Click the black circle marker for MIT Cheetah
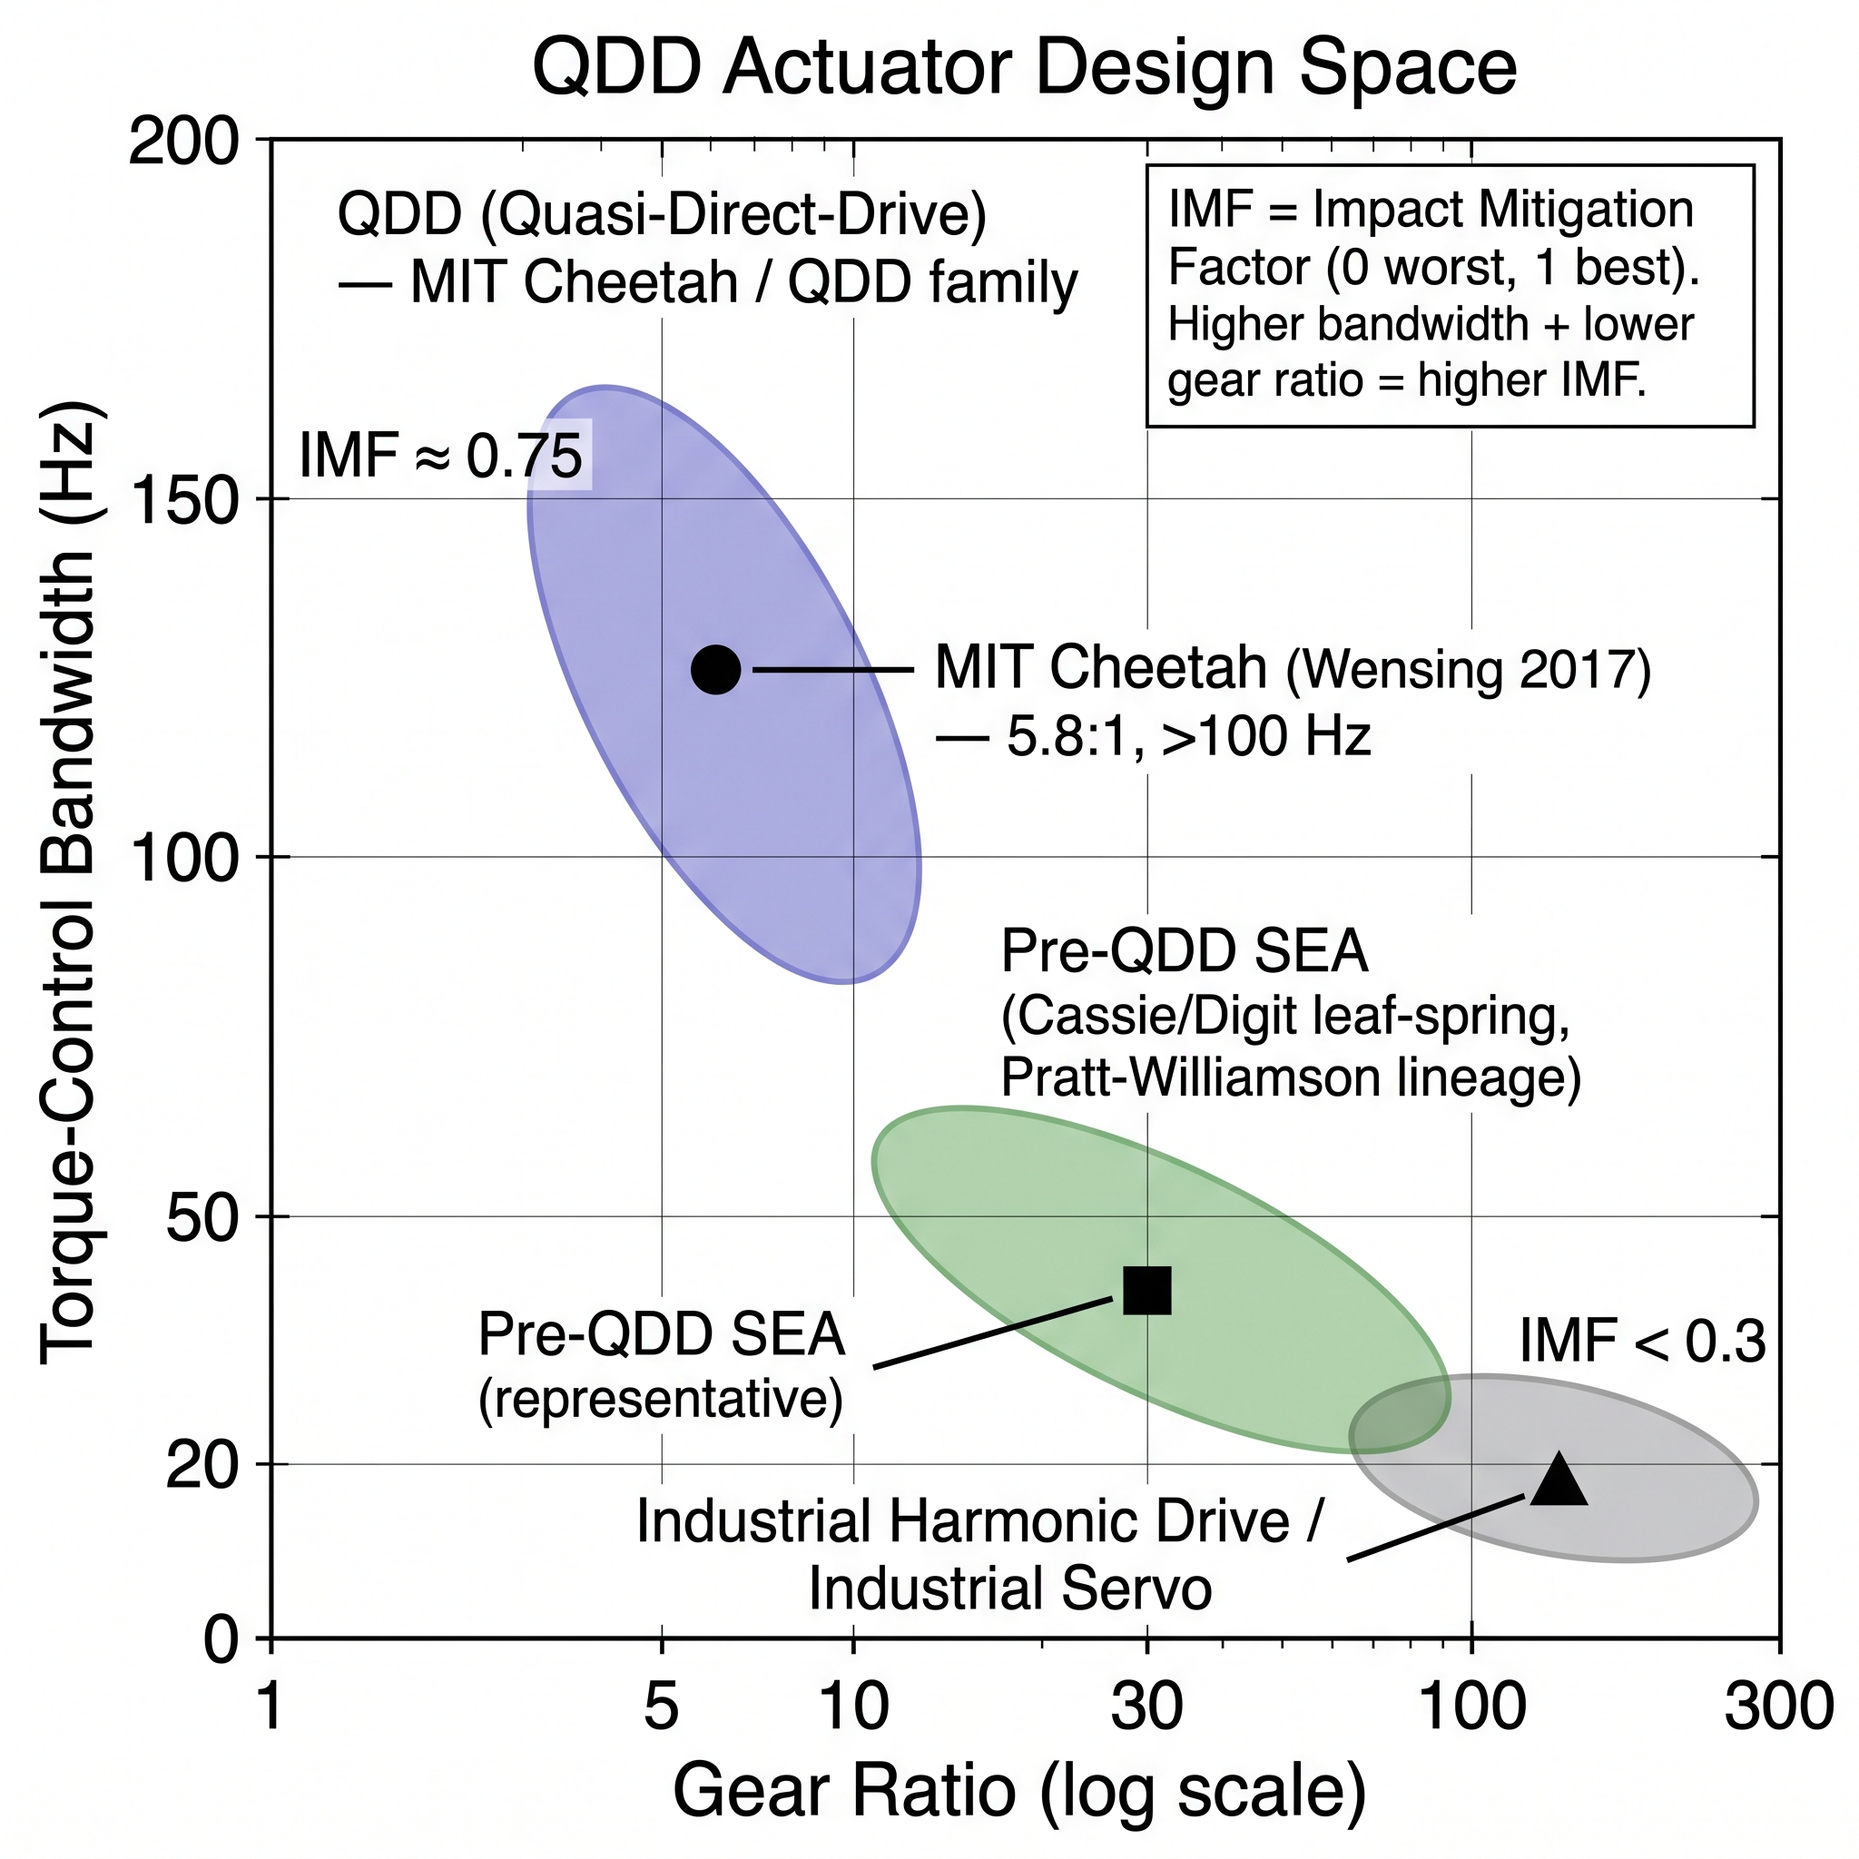tap(716, 669)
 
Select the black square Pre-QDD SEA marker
tap(1147, 1291)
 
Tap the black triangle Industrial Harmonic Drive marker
tap(1558, 1480)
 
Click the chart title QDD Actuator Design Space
tap(1024, 68)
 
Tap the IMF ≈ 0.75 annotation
tap(440, 455)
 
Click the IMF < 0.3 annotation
tap(1641, 1343)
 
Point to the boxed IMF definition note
tap(1449, 295)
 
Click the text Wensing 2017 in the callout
tap(1469, 670)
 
